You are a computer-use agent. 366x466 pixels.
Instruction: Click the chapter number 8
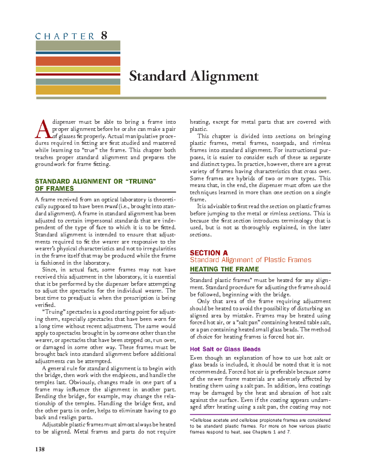104,36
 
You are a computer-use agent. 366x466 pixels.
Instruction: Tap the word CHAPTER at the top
65,36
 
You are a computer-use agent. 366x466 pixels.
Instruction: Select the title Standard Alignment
194,76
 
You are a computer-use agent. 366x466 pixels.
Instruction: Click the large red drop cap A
42,129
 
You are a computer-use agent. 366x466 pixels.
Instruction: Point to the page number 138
40,449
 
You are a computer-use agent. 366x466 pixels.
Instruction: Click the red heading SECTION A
209,253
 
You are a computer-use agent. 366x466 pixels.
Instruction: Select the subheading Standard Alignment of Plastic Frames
250,260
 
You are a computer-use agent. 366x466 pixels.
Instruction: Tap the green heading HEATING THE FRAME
224,269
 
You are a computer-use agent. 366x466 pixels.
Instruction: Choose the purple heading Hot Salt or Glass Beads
225,349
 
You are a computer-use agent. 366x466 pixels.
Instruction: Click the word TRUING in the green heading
141,181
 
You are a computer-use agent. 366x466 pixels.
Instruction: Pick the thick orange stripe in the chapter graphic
78,61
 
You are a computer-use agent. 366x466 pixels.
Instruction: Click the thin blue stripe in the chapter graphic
78,53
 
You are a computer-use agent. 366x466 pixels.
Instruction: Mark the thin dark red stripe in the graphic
78,74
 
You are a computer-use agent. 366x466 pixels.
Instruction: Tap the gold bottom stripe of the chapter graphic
78,90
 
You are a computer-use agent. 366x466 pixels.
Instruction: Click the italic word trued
111,207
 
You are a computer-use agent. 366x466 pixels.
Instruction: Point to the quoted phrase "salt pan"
247,323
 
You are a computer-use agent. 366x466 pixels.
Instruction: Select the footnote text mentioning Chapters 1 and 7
260,426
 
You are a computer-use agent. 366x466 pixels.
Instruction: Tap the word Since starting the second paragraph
49,270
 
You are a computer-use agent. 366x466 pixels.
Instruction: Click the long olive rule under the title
181,98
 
